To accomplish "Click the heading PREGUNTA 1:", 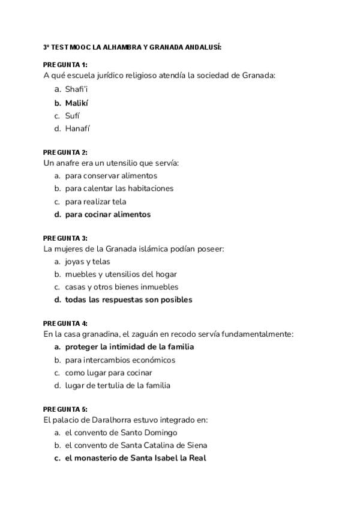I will (x=65, y=64).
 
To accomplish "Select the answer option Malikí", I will (x=77, y=103).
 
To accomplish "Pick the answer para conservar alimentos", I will (x=111, y=176).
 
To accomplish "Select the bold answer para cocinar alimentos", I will (x=108, y=214).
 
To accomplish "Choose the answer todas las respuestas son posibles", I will (x=128, y=300).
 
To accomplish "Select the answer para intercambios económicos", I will (x=120, y=360).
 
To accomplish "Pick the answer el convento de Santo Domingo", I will (x=121, y=432).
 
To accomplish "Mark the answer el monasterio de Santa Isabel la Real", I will (x=136, y=458).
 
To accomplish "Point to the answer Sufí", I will (x=72, y=116).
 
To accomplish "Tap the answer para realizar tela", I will (x=95, y=202).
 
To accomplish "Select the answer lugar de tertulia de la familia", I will (x=118, y=385).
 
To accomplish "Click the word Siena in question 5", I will (x=196, y=445).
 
